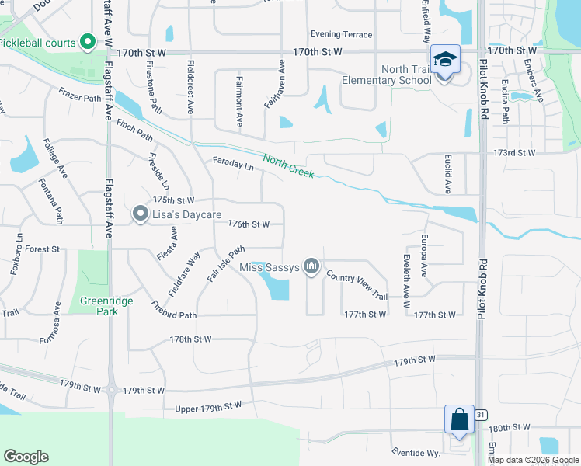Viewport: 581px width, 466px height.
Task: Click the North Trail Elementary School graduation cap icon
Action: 446,59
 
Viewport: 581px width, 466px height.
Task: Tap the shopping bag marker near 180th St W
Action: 459,419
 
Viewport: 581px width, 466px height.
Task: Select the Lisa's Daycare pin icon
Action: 140,213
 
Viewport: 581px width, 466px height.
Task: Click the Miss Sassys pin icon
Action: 312,267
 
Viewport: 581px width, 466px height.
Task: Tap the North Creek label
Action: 288,165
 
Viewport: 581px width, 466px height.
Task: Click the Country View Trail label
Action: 357,286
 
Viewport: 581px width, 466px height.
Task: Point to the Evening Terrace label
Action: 341,34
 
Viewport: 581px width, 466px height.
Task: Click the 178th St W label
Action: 191,339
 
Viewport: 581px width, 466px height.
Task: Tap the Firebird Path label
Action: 174,309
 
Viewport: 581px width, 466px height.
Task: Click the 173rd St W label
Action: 514,152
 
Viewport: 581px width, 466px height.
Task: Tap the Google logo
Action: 26,457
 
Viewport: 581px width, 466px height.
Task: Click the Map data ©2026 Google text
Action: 533,460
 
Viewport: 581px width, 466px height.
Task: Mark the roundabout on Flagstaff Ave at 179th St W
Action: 111,390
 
